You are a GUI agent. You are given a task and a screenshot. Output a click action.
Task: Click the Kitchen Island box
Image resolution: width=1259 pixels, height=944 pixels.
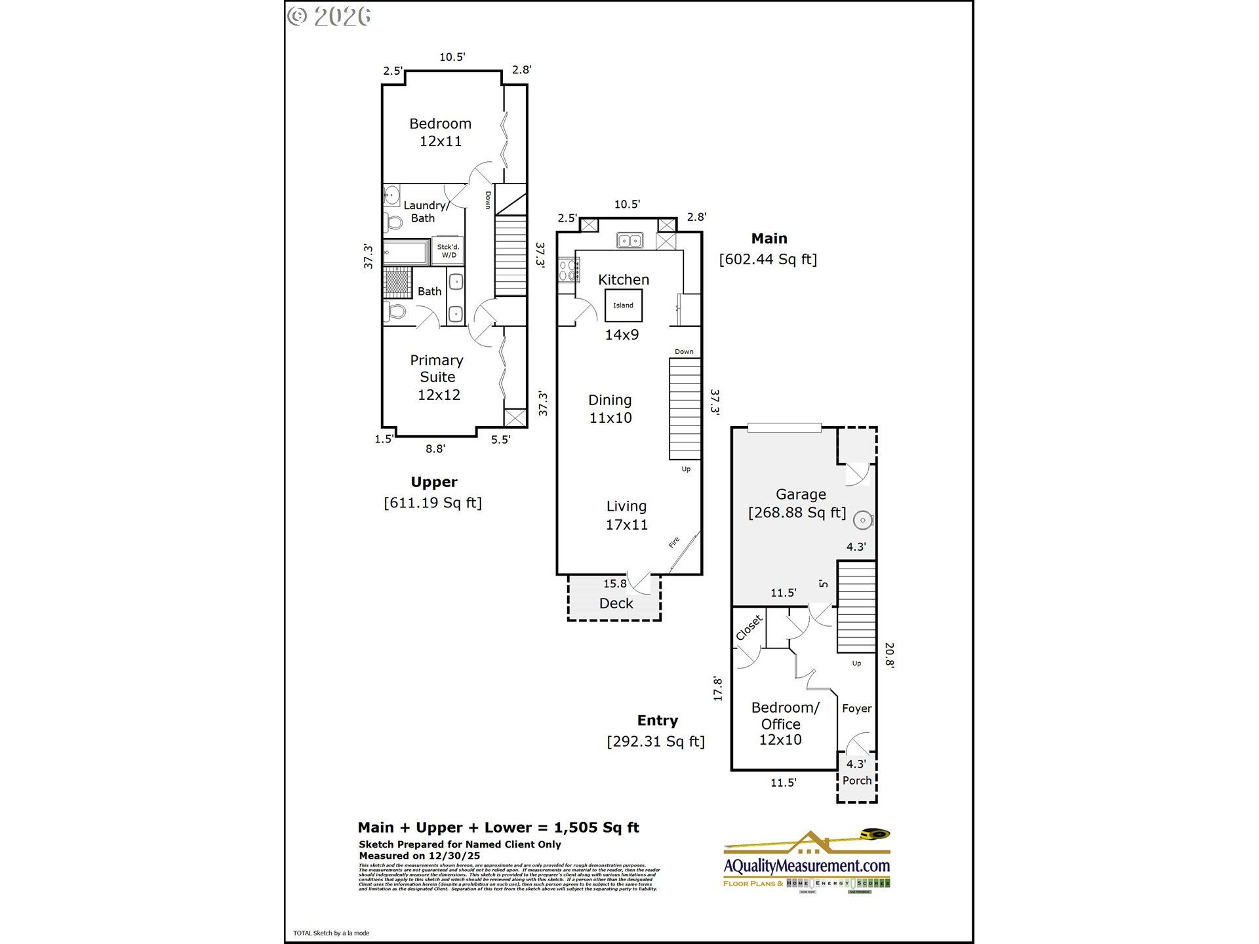point(623,305)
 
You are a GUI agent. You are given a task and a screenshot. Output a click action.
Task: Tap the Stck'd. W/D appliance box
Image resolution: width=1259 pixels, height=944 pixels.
point(449,251)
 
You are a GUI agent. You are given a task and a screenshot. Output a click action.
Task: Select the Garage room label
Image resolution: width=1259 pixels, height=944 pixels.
point(801,495)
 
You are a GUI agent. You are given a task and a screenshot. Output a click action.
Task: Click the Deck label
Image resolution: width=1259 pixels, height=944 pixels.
point(616,604)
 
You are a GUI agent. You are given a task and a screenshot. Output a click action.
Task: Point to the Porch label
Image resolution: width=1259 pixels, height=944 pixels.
point(856,781)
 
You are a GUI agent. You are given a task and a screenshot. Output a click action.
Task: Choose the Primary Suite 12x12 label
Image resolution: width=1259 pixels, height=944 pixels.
point(437,378)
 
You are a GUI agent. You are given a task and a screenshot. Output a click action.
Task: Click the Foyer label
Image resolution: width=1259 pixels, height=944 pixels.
point(856,709)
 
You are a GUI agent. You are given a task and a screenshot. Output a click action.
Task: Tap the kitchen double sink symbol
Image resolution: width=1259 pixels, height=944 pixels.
point(629,241)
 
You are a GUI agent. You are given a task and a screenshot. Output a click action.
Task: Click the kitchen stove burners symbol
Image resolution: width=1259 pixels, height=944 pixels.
point(568,270)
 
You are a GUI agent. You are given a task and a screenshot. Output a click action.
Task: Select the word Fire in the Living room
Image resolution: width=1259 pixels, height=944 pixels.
point(674,543)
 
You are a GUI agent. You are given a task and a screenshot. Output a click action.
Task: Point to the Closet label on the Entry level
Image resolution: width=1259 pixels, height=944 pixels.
point(749,627)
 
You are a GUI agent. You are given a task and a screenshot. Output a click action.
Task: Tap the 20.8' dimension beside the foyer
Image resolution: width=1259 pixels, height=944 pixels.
point(889,654)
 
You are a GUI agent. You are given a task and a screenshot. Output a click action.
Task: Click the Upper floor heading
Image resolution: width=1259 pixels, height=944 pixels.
point(433,482)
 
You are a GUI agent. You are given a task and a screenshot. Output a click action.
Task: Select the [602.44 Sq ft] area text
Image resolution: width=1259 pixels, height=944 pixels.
point(768,260)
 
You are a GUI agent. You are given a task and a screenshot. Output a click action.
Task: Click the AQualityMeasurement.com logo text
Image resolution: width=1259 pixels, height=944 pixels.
point(807,866)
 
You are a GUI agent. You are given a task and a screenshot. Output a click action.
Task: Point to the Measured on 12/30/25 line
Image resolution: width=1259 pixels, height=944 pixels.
point(419,856)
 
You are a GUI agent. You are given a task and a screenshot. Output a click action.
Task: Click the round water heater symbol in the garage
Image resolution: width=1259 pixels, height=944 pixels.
point(863,521)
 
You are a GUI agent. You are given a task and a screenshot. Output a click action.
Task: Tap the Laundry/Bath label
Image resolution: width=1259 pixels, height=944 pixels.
point(425,212)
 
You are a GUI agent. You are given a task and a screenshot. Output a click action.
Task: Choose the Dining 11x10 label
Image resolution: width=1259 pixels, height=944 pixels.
point(610,409)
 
